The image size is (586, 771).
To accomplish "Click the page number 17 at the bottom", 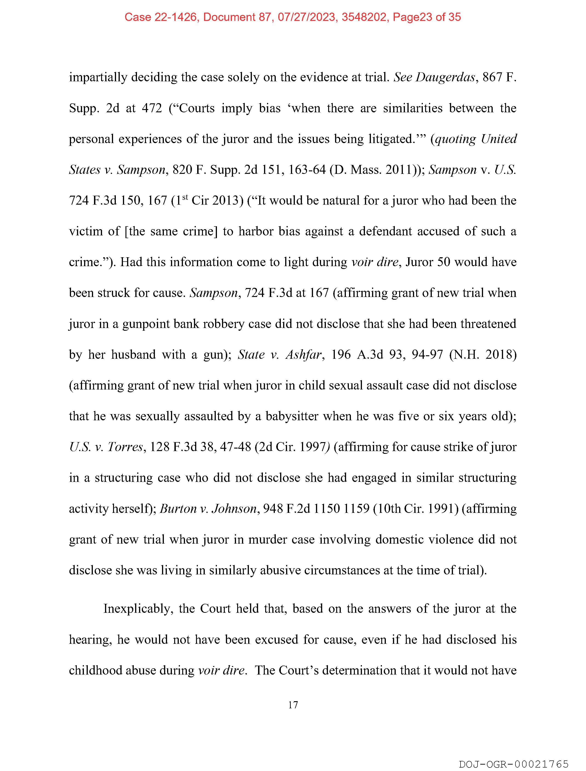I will pyautogui.click(x=293, y=705).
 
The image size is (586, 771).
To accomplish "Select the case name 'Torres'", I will pyautogui.click(x=125, y=447).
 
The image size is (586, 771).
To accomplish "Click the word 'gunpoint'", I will pyautogui.click(x=146, y=324).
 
